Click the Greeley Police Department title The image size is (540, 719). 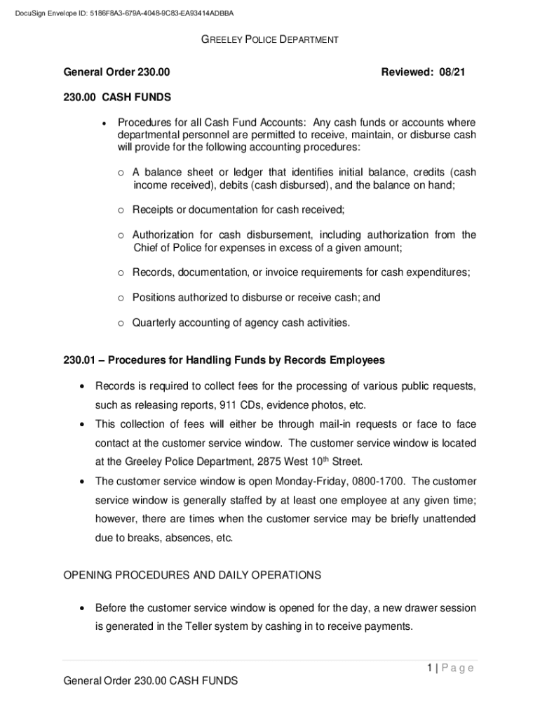coord(270,40)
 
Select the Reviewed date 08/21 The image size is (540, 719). coord(453,72)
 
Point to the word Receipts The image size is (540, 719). coord(154,209)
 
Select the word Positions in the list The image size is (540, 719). coord(154,298)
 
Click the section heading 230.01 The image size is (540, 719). coord(224,360)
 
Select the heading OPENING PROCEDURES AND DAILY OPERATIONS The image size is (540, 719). coord(192,575)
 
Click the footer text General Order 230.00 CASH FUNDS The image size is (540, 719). coord(150,680)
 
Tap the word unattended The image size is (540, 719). coord(445,519)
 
